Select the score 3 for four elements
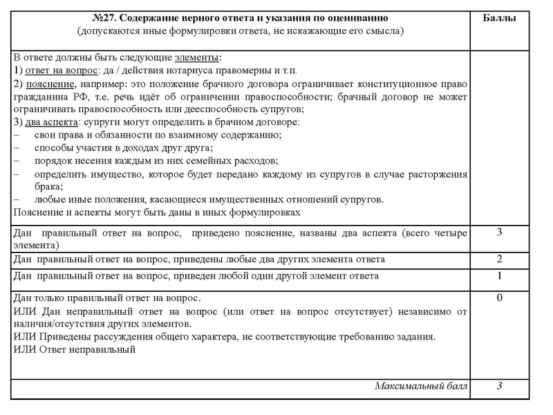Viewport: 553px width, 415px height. click(x=498, y=232)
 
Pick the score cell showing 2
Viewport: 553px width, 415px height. click(x=498, y=259)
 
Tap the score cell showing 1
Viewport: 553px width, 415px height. click(x=498, y=276)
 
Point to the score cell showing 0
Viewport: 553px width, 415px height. click(x=498, y=298)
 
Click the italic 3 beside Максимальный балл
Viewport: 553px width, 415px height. click(x=498, y=386)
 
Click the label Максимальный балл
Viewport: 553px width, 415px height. click(x=421, y=386)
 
